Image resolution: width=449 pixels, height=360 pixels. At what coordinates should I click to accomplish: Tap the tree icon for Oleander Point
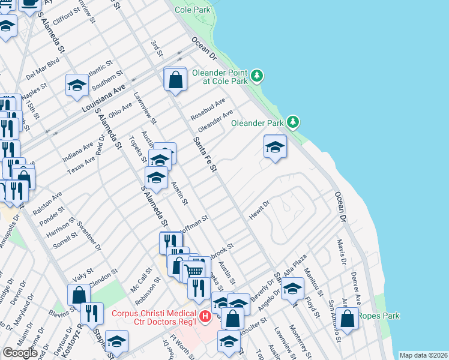[x=257, y=76]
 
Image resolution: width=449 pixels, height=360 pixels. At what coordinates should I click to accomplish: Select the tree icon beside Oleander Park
[x=293, y=122]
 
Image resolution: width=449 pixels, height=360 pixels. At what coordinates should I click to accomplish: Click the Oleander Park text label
[x=258, y=123]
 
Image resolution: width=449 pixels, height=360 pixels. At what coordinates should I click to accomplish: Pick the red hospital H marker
[x=205, y=316]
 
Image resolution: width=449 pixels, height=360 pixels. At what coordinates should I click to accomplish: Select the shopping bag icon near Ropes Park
[x=347, y=319]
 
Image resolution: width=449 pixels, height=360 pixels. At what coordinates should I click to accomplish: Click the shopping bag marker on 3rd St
[x=175, y=80]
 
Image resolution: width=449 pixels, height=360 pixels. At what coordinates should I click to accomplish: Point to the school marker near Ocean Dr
[x=275, y=146]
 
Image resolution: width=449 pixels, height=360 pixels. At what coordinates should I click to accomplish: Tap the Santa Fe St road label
[x=204, y=154]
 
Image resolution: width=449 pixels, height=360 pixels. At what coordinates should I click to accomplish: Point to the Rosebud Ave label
[x=208, y=107]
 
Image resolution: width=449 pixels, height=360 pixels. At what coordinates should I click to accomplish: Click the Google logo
[x=20, y=352]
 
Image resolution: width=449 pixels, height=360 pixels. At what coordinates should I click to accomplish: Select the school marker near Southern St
[x=77, y=85]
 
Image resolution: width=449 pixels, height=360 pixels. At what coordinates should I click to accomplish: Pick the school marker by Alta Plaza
[x=292, y=289]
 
